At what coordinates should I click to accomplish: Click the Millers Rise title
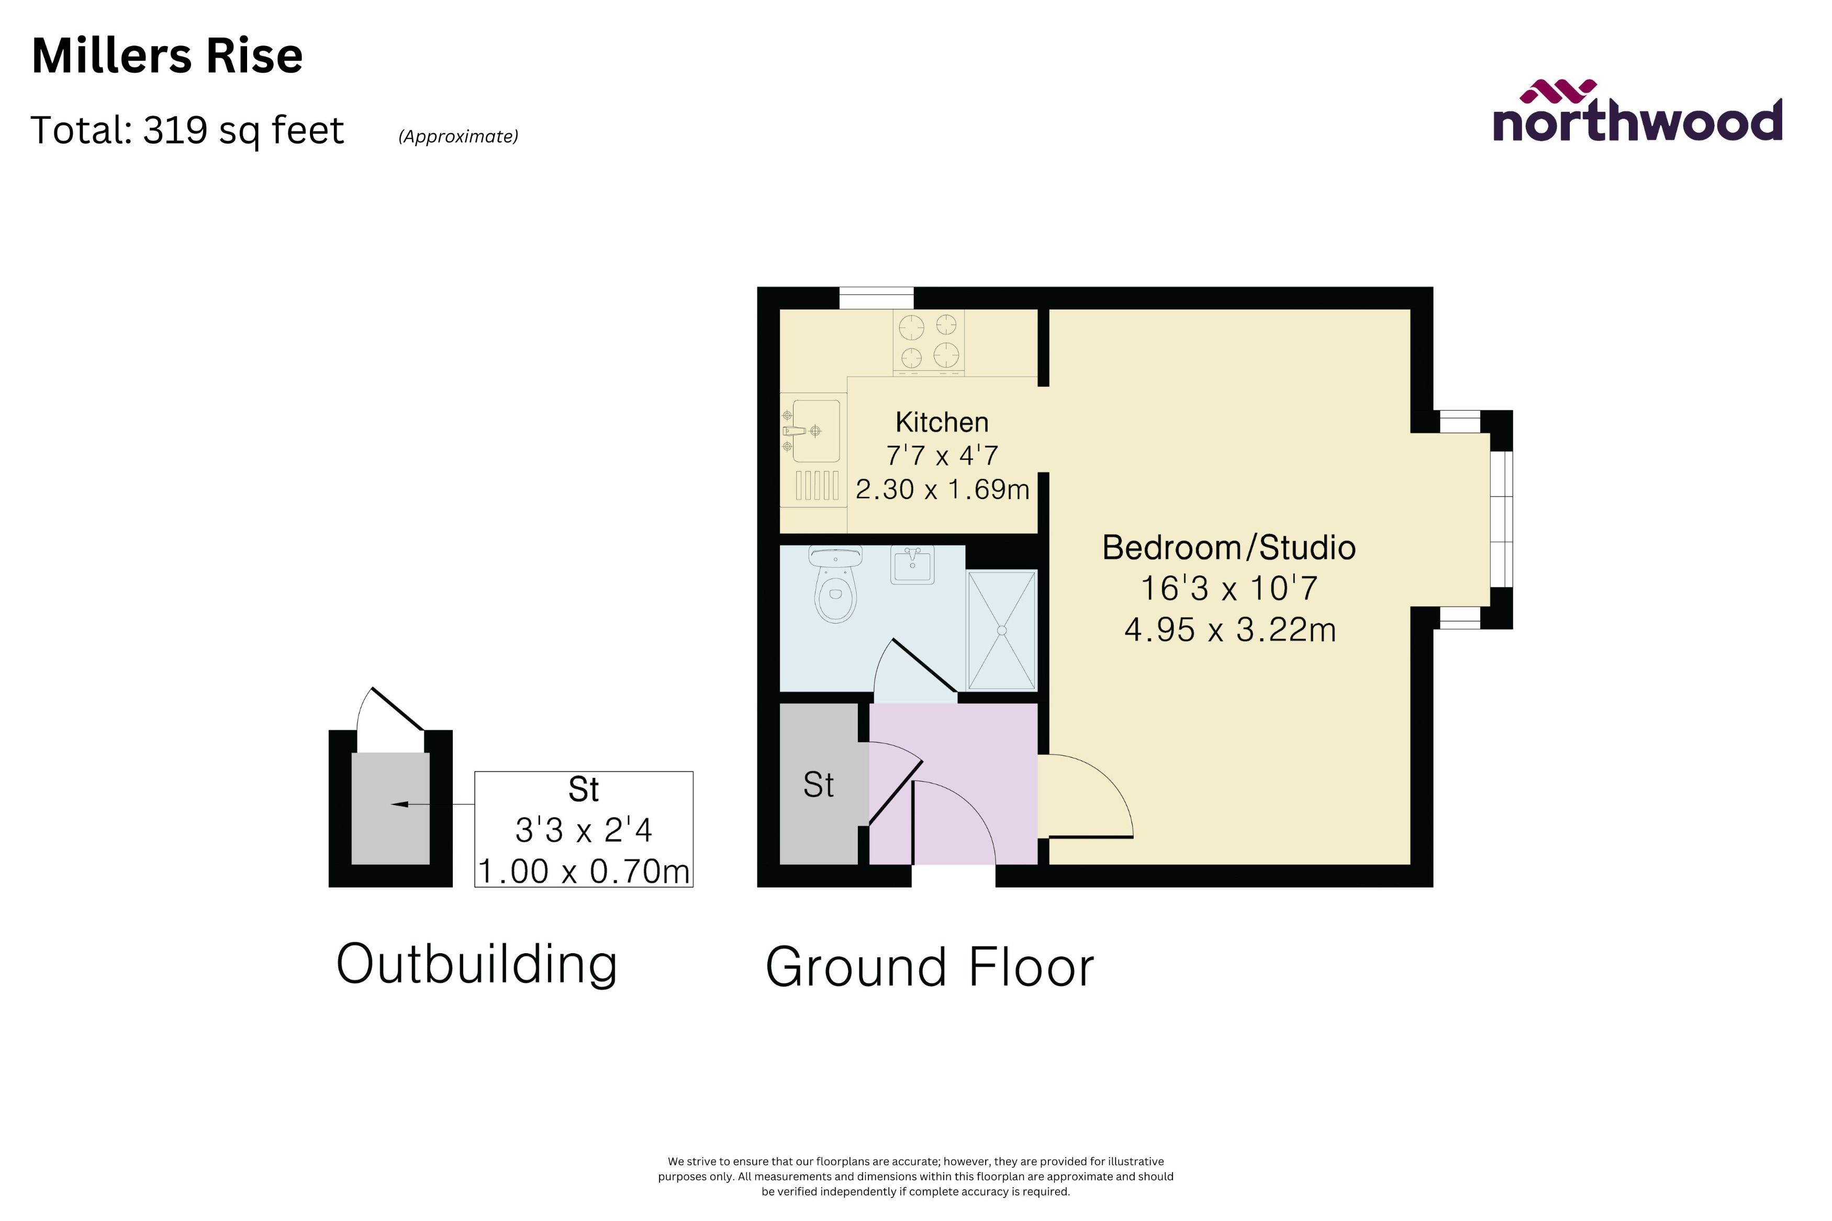[166, 56]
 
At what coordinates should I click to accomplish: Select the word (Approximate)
[458, 136]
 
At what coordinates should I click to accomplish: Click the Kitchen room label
[942, 422]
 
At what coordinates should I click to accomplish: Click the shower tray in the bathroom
[1002, 630]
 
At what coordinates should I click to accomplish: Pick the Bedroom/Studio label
[1228, 547]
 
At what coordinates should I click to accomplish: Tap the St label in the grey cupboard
[818, 785]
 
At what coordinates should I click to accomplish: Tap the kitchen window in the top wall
[876, 298]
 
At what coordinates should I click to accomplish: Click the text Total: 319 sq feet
[187, 130]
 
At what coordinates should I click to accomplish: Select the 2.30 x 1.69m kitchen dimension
[942, 489]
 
